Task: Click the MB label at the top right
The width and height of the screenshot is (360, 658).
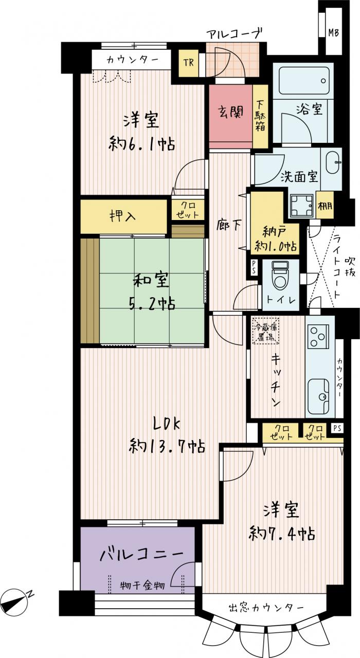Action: click(x=334, y=32)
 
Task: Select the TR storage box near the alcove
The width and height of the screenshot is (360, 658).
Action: click(x=189, y=63)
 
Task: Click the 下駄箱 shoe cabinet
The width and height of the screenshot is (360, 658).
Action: click(x=260, y=116)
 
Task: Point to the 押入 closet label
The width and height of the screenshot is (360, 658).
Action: click(x=122, y=216)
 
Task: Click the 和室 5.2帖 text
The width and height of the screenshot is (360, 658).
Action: click(x=151, y=291)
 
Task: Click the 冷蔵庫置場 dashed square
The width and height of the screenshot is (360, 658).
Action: click(x=266, y=331)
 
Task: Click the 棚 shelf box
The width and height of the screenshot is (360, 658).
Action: click(x=325, y=205)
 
